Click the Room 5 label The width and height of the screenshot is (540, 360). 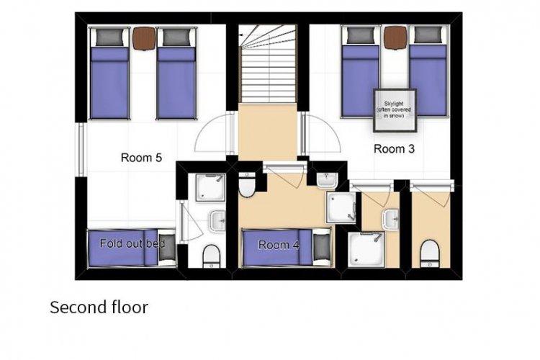point(141,158)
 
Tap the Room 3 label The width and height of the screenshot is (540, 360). point(394,149)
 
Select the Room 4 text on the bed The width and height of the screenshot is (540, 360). point(279,245)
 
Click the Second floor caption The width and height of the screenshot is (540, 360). point(99,307)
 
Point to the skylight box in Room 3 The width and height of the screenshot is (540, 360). point(395,110)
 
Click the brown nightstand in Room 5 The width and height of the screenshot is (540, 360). point(144,38)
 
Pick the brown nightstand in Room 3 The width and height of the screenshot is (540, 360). point(396,37)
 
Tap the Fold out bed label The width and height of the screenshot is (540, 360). point(132,243)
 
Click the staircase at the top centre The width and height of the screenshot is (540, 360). point(267,63)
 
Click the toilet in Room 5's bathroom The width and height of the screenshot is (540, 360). point(211,256)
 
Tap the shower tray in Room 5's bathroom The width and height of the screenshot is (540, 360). point(210,187)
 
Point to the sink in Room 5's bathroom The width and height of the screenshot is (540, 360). point(217,220)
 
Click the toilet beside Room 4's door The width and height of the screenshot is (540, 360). point(246,185)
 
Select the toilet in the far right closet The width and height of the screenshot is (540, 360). point(430,254)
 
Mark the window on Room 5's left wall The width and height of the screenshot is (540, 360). point(81,150)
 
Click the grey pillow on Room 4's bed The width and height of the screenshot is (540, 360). point(322,247)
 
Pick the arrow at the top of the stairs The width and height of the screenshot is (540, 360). point(241,35)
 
